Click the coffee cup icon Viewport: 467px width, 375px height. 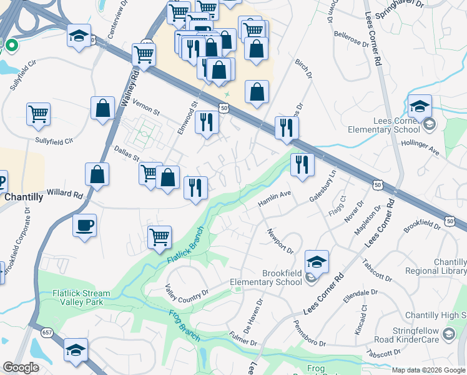pyautogui.click(x=84, y=225)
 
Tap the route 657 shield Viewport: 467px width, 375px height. pyautogui.click(x=47, y=332)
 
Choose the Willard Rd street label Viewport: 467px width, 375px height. pyautogui.click(x=65, y=194)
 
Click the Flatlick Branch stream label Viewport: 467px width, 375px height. pyautogui.click(x=187, y=249)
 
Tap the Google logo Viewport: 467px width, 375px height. pyautogui.click(x=21, y=367)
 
